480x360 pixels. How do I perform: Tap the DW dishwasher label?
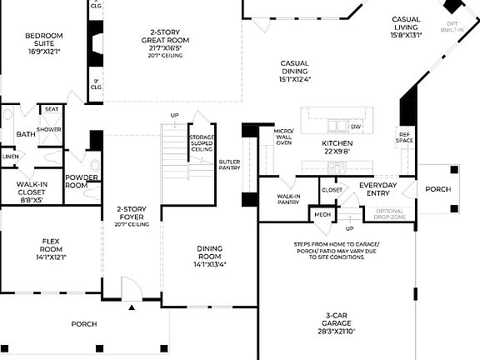click(356, 127)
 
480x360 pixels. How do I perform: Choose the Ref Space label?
click(405, 137)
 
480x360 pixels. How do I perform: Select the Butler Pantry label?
click(229, 164)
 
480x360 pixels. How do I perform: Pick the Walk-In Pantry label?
click(287, 198)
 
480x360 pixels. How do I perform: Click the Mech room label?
click(322, 214)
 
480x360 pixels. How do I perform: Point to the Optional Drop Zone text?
click(390, 214)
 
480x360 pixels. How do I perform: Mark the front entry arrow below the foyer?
click(132, 307)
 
